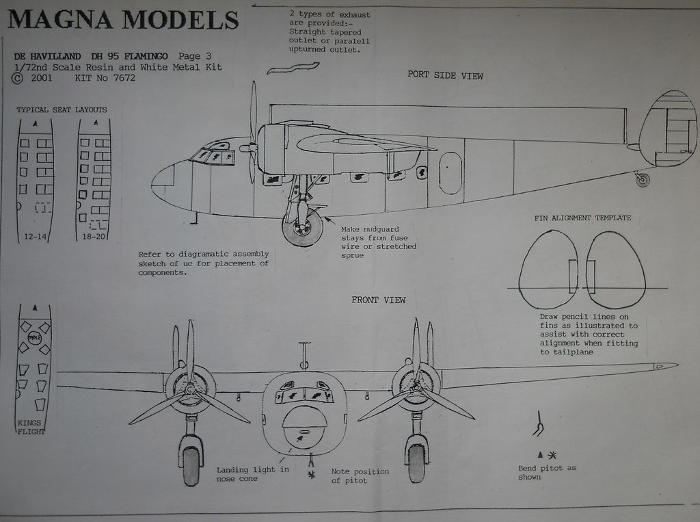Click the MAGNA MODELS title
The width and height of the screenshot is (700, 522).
[123, 20]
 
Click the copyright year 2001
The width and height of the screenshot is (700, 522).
[42, 78]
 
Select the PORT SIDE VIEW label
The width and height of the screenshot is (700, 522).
[445, 75]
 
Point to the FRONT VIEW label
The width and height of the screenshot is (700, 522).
[378, 300]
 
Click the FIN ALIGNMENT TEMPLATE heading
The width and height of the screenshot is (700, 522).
[582, 218]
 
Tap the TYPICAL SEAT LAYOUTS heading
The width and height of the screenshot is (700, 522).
[62, 109]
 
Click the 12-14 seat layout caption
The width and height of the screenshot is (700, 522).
[35, 236]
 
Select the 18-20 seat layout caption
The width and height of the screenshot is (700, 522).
[93, 236]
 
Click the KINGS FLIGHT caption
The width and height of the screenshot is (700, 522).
[31, 427]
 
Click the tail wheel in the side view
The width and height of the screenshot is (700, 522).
[642, 180]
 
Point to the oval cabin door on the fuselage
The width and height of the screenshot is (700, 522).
[450, 172]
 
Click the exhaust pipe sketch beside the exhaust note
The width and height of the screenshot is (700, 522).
[293, 67]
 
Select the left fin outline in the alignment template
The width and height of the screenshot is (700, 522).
[548, 269]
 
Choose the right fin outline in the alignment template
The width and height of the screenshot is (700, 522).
[615, 269]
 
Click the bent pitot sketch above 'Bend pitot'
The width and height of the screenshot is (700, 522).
[539, 424]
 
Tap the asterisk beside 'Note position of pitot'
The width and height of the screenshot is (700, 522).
[312, 474]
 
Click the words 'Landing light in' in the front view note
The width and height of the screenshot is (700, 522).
[252, 470]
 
